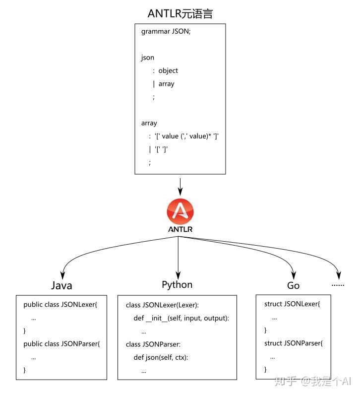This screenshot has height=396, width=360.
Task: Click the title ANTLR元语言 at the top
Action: point(180,13)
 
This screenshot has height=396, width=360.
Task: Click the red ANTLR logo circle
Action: point(180,211)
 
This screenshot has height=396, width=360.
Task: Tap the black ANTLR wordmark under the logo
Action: point(180,229)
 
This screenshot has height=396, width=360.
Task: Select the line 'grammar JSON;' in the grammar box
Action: point(166,32)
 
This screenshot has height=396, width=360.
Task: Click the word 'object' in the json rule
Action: point(168,70)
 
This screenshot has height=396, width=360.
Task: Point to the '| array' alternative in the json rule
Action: point(164,84)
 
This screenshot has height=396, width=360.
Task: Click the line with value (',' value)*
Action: point(184,136)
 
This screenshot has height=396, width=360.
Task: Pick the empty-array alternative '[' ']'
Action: point(158,149)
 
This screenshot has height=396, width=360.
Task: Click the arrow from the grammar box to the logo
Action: point(180,187)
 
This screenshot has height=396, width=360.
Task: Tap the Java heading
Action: point(61,286)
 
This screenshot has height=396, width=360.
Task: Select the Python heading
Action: point(177,285)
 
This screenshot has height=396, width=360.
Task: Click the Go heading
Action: point(293,286)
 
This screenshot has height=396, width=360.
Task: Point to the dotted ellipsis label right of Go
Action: point(338,285)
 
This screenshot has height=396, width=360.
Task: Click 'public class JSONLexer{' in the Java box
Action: point(60,305)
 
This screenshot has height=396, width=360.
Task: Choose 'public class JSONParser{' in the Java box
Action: point(61,344)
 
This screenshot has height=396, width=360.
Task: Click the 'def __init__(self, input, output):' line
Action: point(181,318)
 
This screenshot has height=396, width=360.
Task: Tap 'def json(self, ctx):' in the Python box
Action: point(161,357)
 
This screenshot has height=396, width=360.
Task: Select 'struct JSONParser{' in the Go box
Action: point(294,343)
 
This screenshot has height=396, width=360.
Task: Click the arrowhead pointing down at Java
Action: point(62,275)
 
